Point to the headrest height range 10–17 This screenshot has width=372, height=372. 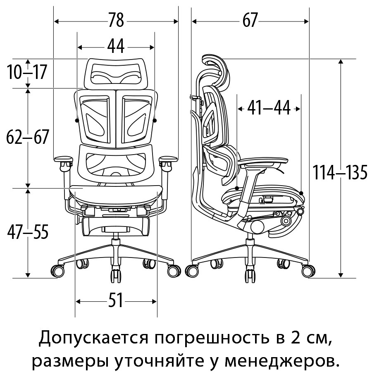pos(27,72)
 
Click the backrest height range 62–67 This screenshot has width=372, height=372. pos(28,137)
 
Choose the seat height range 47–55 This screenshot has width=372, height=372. pos(28,232)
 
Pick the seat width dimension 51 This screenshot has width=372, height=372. pos(116,300)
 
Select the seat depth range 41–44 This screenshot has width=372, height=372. pos(269,108)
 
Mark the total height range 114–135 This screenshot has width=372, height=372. pos(340,172)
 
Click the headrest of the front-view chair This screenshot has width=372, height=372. pos(116,74)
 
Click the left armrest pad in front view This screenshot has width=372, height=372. pos(63,159)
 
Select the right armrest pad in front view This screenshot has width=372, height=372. pos(168,159)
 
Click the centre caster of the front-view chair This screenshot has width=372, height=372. pos(116,276)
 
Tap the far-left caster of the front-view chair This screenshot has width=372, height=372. pos(57,271)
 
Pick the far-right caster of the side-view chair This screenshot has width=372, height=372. pos(308,271)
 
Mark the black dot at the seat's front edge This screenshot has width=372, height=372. pos(301,193)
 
